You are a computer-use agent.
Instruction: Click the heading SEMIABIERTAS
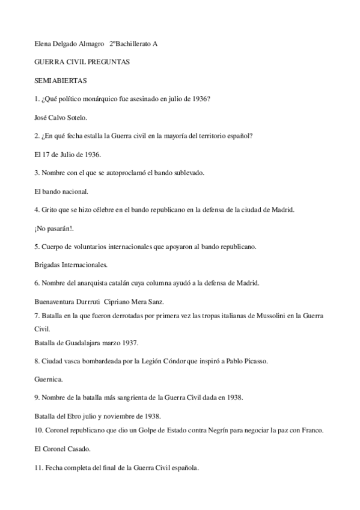coord(61,79)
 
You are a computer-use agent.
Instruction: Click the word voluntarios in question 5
coord(88,247)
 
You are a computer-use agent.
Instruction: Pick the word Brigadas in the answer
coord(50,265)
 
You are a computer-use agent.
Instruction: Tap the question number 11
coord(39,467)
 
